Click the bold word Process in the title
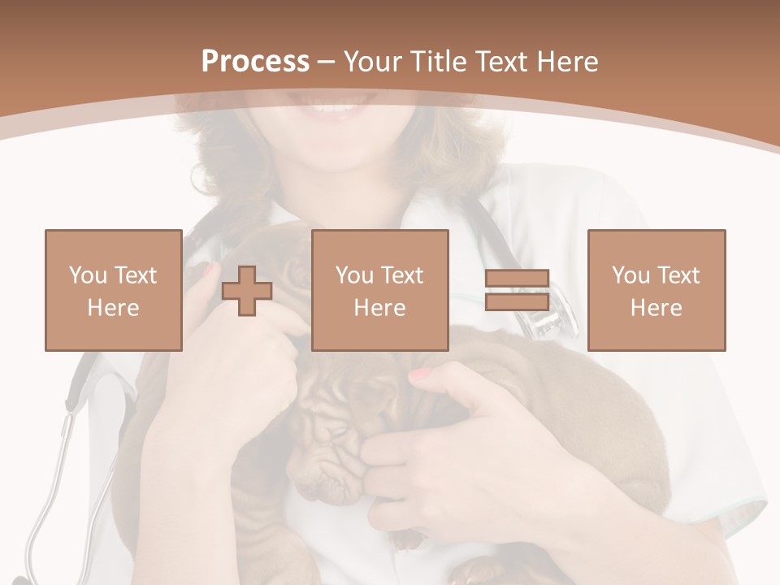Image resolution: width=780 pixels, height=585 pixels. (x=255, y=62)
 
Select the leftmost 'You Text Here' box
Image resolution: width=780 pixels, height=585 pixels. (x=114, y=290)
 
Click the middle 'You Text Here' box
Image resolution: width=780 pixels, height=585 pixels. (x=379, y=290)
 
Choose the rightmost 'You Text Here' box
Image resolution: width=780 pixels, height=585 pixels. (x=656, y=290)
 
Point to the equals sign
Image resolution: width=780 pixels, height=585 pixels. (x=517, y=290)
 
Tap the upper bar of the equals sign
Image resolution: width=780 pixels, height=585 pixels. (x=517, y=279)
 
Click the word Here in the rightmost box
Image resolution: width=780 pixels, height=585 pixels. (x=656, y=307)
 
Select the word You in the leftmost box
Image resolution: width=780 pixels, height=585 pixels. (x=87, y=275)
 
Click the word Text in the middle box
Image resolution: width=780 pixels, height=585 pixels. (x=401, y=275)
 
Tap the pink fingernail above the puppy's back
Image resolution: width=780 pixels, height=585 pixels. (x=419, y=373)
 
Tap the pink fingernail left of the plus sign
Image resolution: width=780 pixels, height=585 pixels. (x=208, y=268)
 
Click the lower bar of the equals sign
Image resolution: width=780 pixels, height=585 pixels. (x=517, y=302)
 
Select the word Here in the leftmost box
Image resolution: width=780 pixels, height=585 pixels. (x=114, y=307)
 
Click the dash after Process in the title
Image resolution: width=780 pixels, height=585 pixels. (x=326, y=63)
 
